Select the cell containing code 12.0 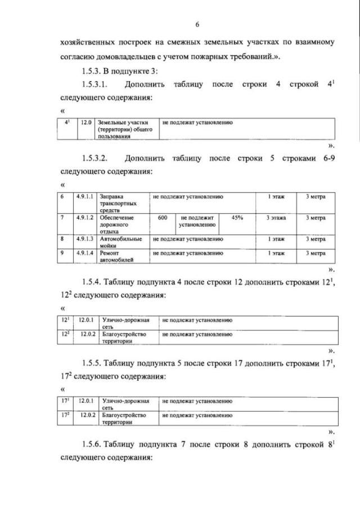click(x=85, y=122)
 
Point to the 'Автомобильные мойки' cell click(x=121, y=242)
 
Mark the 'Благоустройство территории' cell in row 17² click(x=126, y=418)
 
